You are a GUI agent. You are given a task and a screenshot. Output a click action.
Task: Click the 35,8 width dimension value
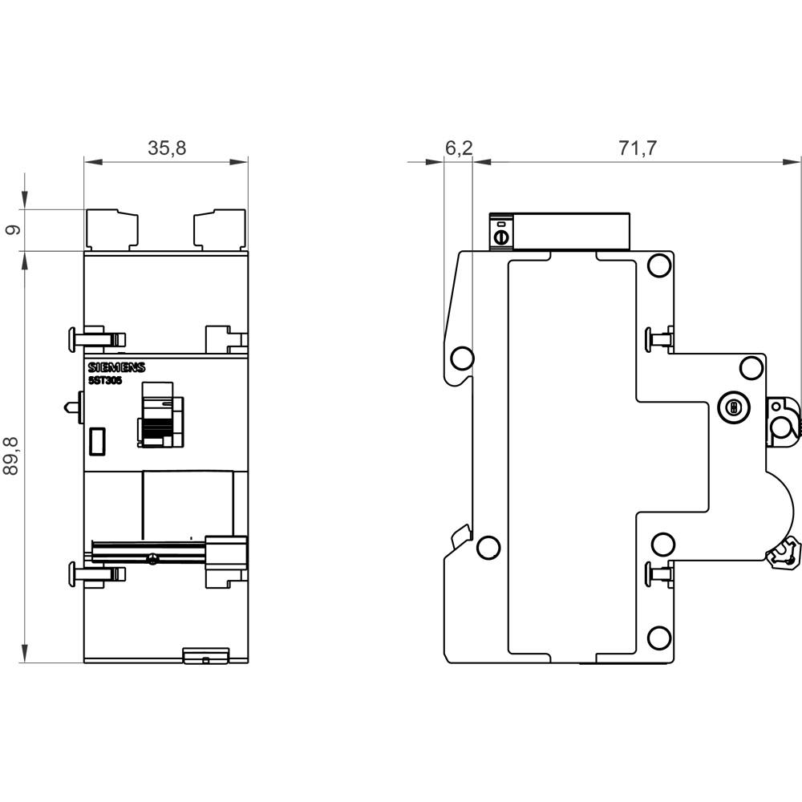point(167,148)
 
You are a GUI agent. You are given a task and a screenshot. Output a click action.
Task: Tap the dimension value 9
point(12,230)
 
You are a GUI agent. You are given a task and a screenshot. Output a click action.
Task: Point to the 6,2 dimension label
point(458,148)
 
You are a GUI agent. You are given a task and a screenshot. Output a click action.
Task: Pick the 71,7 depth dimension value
point(638,148)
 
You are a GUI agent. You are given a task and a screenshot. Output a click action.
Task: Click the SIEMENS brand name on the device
point(116,367)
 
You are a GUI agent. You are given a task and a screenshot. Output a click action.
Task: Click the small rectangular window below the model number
point(98,440)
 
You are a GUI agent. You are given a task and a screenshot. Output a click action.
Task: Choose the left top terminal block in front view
point(112,229)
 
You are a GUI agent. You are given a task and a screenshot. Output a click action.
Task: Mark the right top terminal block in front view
point(219,229)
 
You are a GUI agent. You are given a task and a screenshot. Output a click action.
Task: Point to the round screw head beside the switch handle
point(731,408)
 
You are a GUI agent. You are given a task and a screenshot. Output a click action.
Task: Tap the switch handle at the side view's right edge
point(783,419)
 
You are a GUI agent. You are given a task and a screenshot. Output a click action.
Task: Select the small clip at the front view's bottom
point(206,656)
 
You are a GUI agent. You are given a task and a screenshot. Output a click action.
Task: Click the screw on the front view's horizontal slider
point(152,558)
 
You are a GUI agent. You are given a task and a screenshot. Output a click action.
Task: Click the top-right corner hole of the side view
point(658,265)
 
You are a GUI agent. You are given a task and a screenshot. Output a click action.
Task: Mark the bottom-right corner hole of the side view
point(658,638)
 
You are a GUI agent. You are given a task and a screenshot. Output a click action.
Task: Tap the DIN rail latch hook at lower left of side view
point(460,537)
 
